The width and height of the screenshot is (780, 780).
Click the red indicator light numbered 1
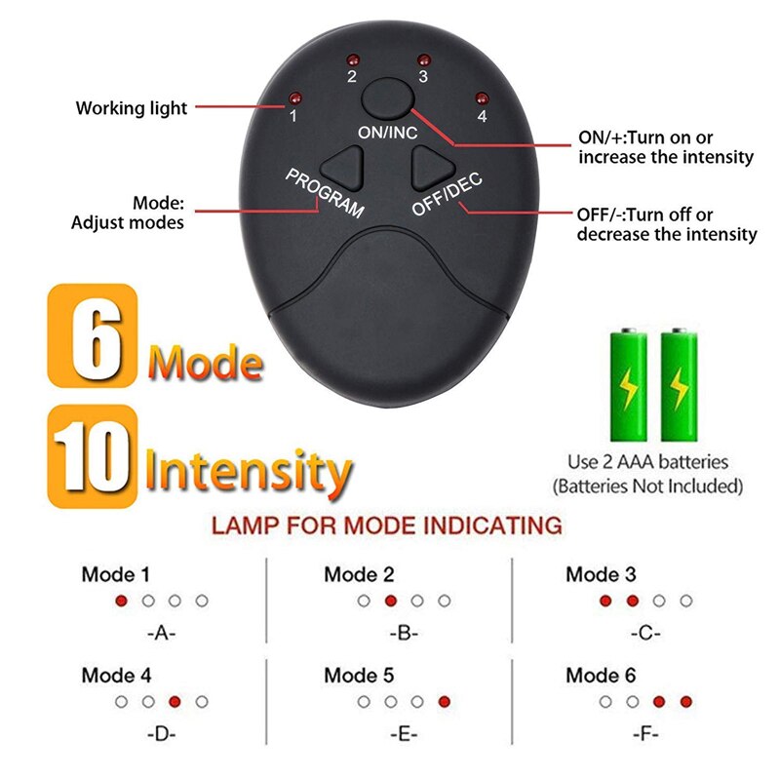(x=292, y=97)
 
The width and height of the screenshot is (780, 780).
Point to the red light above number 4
(x=481, y=97)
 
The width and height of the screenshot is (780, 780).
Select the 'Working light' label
(x=132, y=108)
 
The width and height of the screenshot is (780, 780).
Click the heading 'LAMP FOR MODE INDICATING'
(x=387, y=526)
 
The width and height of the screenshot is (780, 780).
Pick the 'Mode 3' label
(x=601, y=574)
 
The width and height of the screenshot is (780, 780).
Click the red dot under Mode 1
(x=121, y=601)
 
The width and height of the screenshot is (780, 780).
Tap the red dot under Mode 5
(x=445, y=701)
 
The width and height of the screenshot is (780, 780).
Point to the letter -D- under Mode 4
(x=161, y=733)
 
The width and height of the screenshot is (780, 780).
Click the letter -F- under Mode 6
(x=645, y=733)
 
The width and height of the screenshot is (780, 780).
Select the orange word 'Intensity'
(x=248, y=470)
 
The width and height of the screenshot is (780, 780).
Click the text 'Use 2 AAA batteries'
(x=647, y=461)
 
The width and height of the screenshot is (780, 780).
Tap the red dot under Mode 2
(x=390, y=601)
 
